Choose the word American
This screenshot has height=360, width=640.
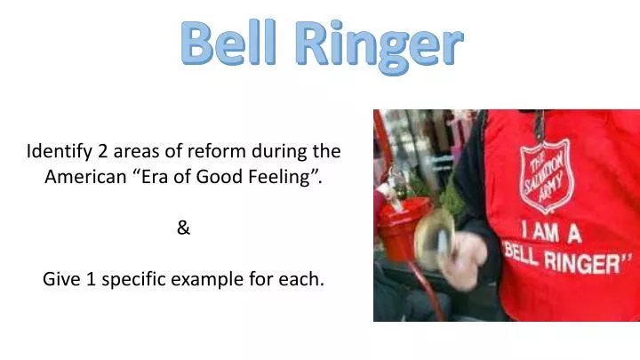point(86,176)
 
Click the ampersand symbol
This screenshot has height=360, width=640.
point(183,228)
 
